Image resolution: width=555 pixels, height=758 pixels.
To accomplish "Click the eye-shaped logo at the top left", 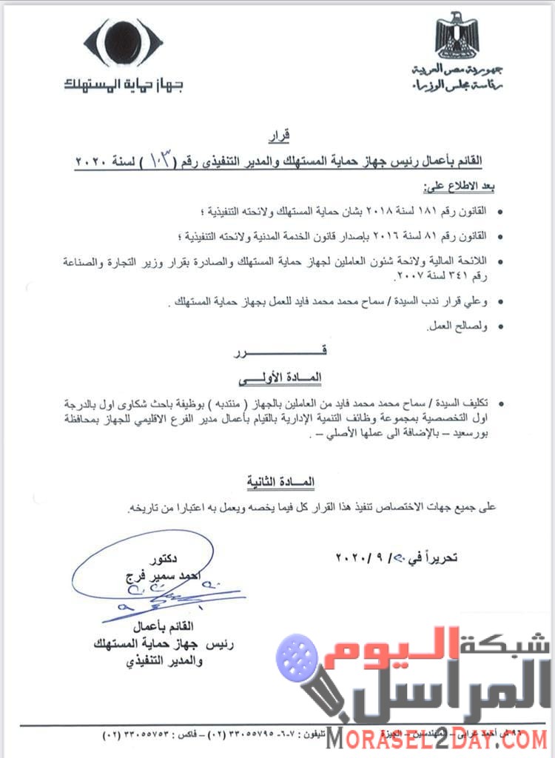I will tap(123, 44).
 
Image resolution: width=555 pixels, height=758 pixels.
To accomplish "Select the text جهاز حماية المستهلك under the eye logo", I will tap(123, 84).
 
